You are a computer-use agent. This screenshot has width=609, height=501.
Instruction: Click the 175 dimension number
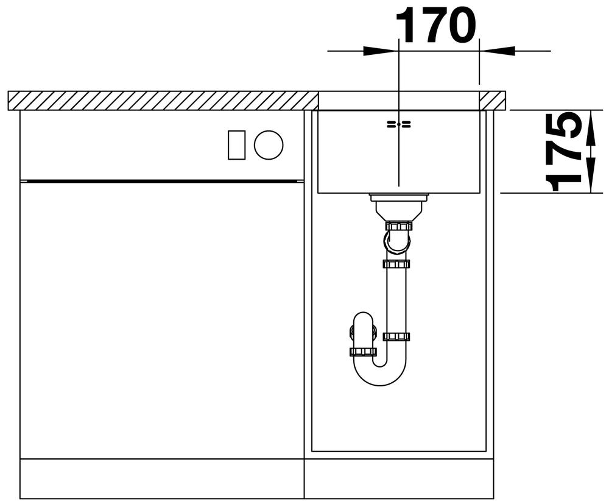(x=563, y=152)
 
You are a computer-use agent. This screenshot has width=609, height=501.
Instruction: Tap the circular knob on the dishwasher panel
(x=269, y=144)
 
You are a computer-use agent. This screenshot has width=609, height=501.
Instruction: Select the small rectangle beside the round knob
(x=236, y=144)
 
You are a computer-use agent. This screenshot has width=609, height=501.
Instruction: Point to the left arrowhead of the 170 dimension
(x=381, y=51)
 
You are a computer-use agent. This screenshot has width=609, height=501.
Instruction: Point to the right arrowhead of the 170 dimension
(x=497, y=51)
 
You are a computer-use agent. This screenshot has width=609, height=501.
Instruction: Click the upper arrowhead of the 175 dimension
(x=591, y=127)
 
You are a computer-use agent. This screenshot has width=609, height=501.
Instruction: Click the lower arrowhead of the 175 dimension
(x=591, y=175)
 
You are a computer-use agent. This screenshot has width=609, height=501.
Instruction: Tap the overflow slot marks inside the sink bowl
(x=398, y=124)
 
